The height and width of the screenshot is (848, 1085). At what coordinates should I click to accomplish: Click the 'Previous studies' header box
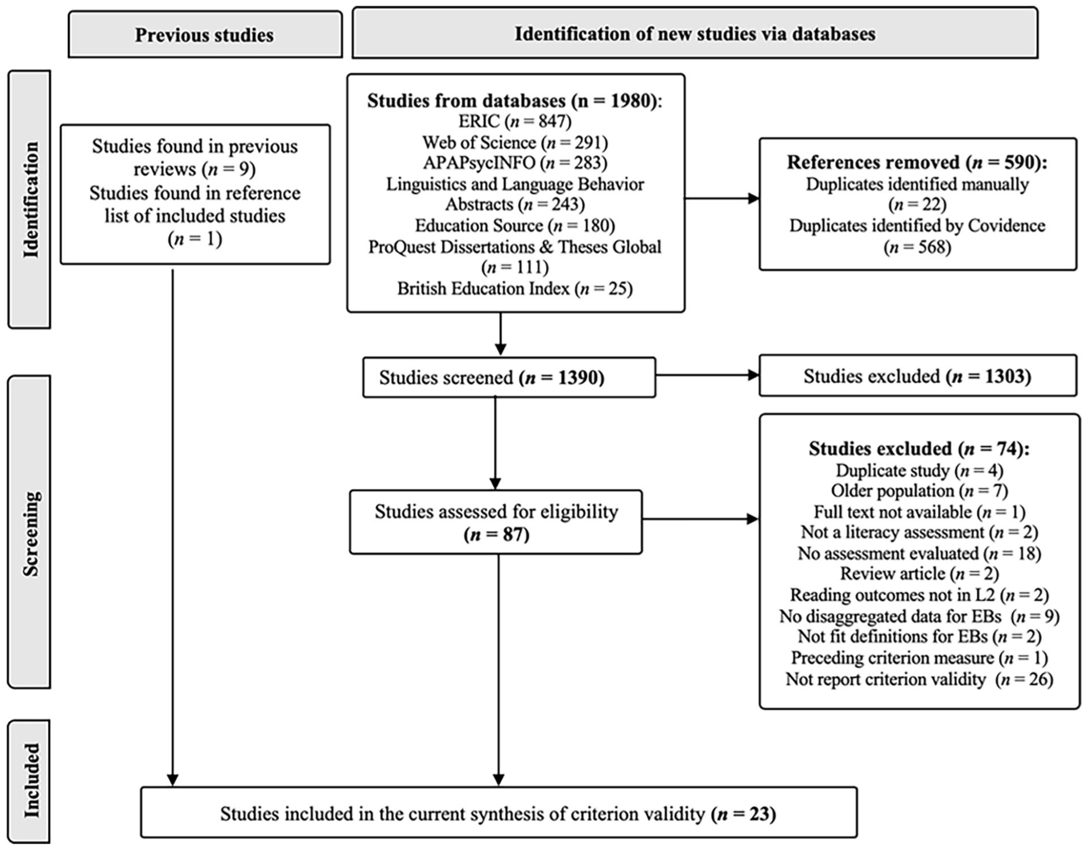point(205,34)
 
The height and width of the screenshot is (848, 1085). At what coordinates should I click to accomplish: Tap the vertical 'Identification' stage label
point(30,199)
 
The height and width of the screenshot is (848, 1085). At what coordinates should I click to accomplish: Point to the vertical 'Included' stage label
point(30,781)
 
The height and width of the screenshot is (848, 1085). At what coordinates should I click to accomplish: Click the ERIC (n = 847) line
point(515,121)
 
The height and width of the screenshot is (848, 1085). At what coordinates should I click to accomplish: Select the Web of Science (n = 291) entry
point(515,142)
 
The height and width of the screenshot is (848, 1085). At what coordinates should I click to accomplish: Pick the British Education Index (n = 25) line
point(515,288)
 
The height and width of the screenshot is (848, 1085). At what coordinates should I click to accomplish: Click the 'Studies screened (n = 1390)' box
point(509,377)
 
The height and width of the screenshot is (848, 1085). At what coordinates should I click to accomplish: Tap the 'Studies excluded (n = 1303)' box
point(918,376)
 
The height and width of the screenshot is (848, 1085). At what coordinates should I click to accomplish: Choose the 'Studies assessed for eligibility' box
point(496,522)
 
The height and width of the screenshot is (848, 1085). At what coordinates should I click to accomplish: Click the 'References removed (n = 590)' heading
point(917,163)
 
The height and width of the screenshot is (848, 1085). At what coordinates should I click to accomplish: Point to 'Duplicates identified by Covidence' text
point(917,225)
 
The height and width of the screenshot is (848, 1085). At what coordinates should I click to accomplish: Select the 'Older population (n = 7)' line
point(919,490)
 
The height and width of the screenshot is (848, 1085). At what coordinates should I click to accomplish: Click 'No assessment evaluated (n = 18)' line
point(919,553)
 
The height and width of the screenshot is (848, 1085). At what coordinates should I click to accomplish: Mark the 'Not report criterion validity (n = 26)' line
point(919,679)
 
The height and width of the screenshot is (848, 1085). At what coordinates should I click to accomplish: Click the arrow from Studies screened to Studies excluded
point(707,375)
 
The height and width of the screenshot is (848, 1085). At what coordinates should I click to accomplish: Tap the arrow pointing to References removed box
point(722,198)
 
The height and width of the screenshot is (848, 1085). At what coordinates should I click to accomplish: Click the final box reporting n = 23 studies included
point(498,813)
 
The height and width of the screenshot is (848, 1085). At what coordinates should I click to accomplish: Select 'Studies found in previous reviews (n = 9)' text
point(195,158)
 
